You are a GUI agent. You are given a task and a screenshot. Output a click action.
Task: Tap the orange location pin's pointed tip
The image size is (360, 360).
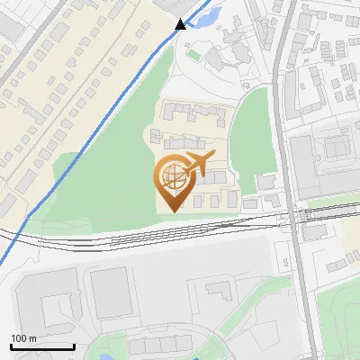pos(172,211)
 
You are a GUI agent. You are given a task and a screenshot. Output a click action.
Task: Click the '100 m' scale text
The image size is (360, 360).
pos(24,338)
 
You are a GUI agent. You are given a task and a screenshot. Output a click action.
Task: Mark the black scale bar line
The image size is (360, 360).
pos(41,346)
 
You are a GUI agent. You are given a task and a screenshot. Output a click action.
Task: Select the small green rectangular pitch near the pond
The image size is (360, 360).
pos(194,55)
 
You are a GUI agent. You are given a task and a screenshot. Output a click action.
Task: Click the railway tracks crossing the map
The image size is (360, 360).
pos(135,238)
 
